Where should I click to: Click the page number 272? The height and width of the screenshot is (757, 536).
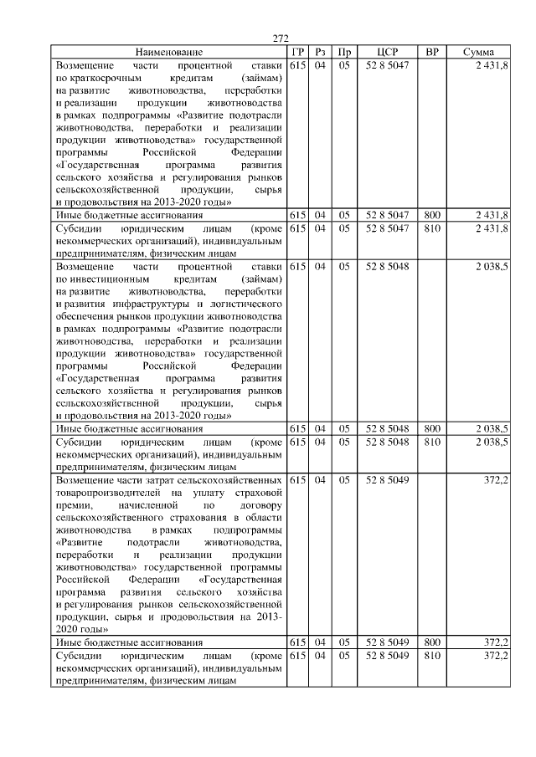click(x=281, y=38)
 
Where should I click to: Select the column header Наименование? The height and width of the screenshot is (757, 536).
click(x=168, y=52)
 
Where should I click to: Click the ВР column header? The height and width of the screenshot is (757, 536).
click(x=432, y=52)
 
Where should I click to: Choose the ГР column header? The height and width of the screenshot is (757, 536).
click(x=297, y=52)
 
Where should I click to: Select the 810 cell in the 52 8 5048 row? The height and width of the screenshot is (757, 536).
click(x=432, y=442)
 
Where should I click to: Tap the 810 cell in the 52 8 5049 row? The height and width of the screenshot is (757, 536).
click(x=432, y=656)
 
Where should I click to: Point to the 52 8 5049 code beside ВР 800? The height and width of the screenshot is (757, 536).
click(x=386, y=643)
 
